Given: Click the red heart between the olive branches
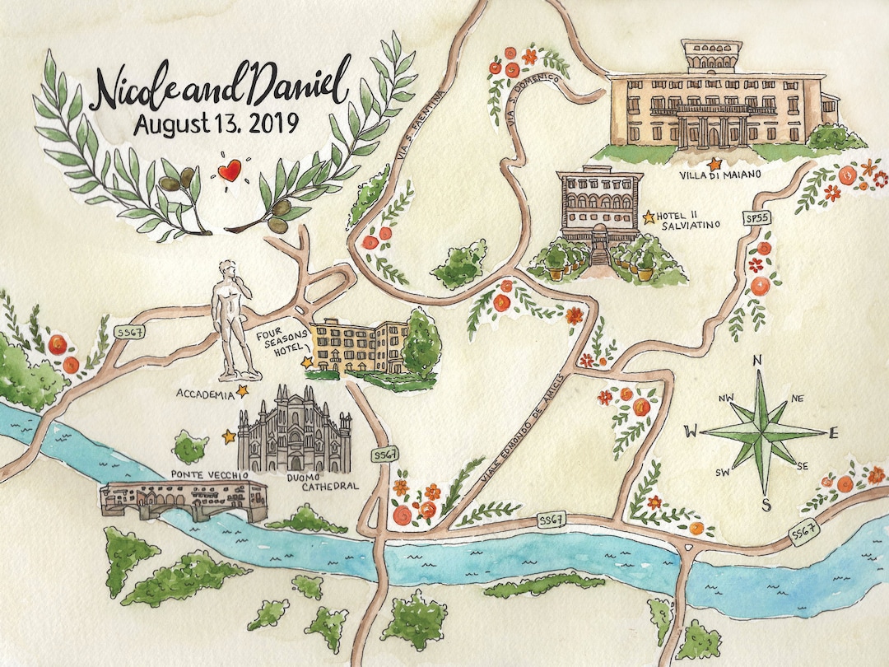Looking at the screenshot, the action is pos(229,171).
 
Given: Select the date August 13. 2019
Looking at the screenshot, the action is pos(216,124).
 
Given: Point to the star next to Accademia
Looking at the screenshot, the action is pos(243,390).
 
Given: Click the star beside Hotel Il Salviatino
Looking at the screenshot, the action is pos(649,217).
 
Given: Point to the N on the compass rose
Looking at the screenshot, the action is pos(759,361).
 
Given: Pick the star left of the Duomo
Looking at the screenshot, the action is pos(229,436).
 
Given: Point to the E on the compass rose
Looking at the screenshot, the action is pos(833,432).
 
